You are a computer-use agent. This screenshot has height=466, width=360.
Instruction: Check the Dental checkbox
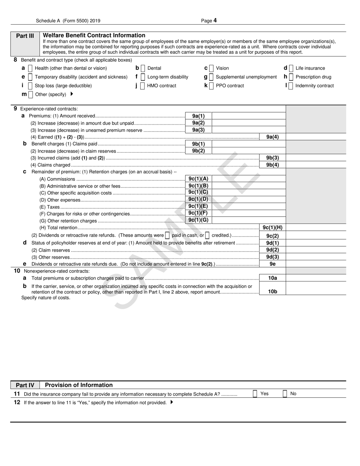pyautogui.click(x=142, y=68)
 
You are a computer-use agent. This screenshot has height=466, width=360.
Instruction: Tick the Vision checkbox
pyautogui.click(x=211, y=68)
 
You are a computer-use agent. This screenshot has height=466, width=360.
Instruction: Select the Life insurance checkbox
pyautogui.click(x=291, y=68)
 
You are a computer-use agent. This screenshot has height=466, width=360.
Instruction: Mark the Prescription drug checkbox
pyautogui.click(x=291, y=77)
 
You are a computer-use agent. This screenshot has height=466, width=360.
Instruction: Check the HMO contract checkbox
pyautogui.click(x=142, y=86)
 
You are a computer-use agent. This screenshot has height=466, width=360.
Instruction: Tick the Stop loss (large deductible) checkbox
pyautogui.click(x=30, y=86)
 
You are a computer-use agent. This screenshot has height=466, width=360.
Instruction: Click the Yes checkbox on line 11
pyautogui.click(x=255, y=394)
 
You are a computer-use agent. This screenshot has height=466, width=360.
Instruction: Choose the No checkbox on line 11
pyautogui.click(x=285, y=394)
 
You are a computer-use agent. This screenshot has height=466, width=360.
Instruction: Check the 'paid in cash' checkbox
pyautogui.click(x=167, y=235)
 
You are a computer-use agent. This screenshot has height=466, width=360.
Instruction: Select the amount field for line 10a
pyautogui.click(x=315, y=278)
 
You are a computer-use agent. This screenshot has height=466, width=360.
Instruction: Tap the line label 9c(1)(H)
pyautogui.click(x=272, y=228)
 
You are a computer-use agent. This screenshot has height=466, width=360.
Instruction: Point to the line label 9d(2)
pyautogui.click(x=272, y=250)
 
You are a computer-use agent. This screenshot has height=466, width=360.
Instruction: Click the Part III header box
pyautogui.click(x=25, y=36)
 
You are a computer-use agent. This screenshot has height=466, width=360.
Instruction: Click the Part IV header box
pyautogui.click(x=25, y=385)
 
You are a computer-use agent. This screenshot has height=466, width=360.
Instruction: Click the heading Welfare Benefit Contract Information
pyautogui.click(x=94, y=35)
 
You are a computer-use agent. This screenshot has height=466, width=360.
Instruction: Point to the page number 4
pyautogui.click(x=215, y=21)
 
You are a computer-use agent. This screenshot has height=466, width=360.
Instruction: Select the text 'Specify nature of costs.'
pyautogui.click(x=45, y=298)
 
